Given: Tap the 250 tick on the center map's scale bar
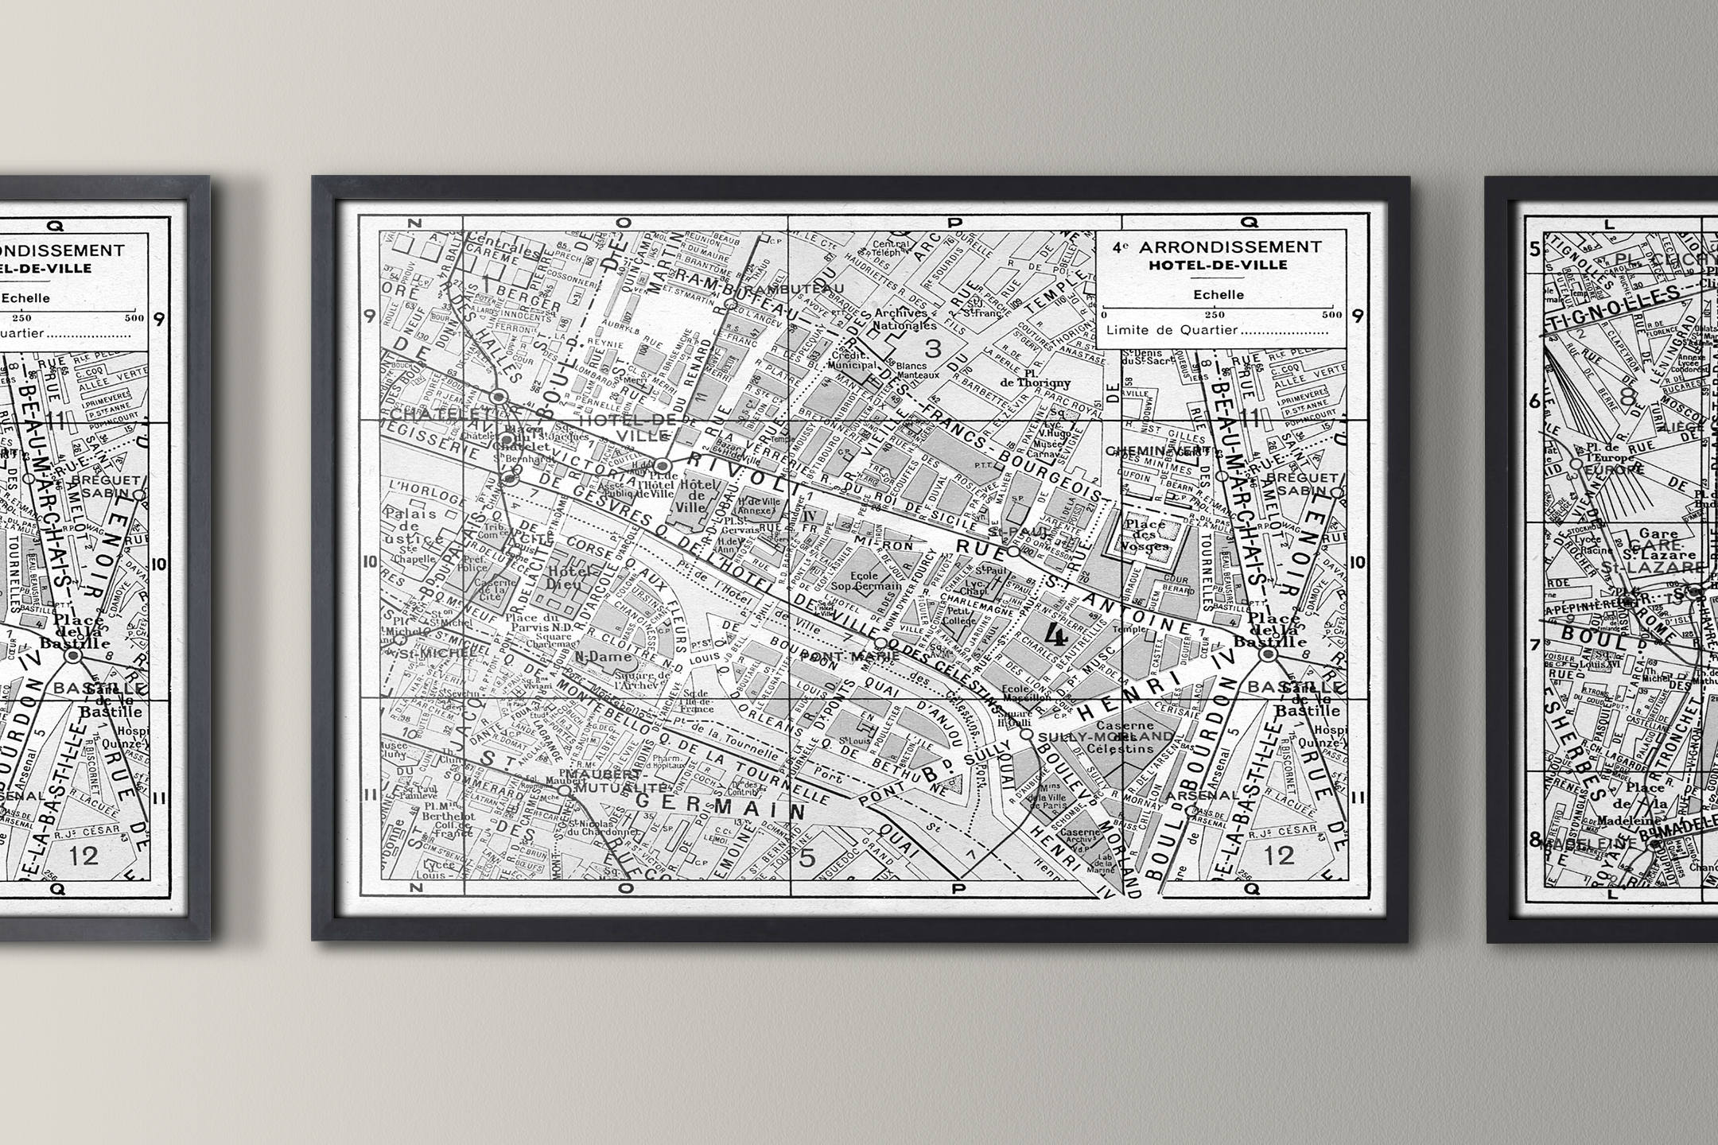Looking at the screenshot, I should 1215,315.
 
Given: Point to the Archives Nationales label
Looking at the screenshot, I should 904,319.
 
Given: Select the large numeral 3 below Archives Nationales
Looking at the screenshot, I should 933,347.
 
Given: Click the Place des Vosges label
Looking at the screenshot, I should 1146,535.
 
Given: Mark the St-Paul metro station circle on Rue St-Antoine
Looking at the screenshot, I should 1013,550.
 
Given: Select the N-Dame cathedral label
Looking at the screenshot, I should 604,657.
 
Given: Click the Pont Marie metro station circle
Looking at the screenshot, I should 880,642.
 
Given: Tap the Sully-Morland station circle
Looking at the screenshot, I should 1027,734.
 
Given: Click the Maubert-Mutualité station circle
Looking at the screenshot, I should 564,791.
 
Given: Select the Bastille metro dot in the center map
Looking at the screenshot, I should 1268,654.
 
